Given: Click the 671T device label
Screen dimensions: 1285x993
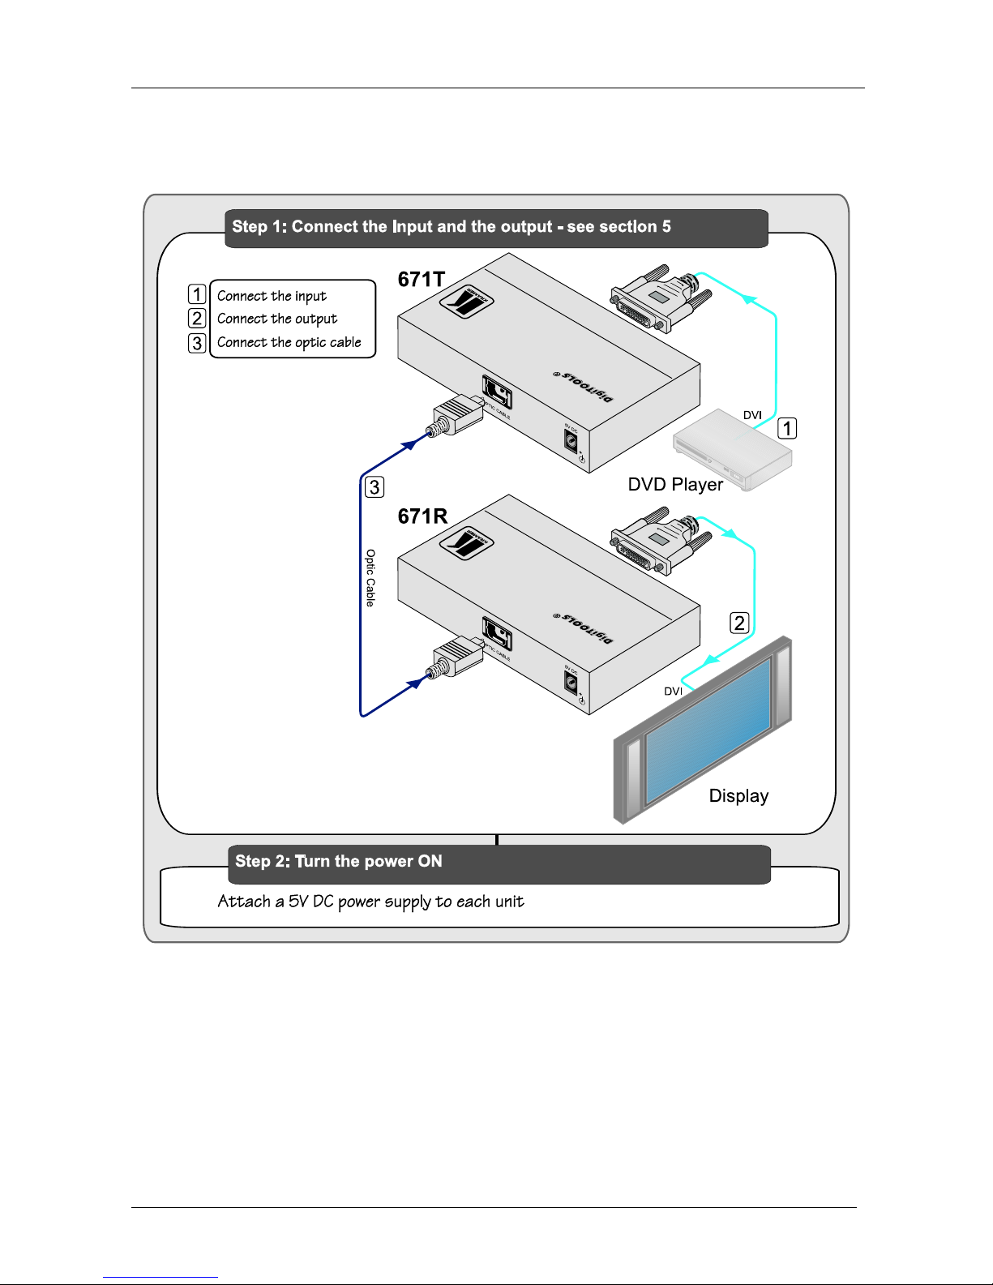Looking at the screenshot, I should click(422, 280).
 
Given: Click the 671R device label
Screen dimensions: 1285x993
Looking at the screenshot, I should click(422, 516).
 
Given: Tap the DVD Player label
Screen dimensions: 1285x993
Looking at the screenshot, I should click(675, 485).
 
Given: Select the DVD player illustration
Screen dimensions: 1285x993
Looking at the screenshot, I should click(732, 450).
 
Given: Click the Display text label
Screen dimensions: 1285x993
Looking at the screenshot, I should click(738, 796).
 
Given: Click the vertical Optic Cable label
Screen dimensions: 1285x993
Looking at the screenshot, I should click(370, 577).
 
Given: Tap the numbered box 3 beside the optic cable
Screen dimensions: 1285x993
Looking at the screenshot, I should click(375, 487).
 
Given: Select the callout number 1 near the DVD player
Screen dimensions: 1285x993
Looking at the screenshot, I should click(787, 428).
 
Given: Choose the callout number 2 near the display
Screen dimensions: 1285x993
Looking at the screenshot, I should click(739, 623).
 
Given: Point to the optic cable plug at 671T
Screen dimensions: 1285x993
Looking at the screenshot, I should click(454, 415).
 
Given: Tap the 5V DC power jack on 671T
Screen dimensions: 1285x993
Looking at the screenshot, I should click(571, 440).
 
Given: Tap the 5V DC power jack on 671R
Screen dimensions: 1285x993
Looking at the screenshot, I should click(571, 682).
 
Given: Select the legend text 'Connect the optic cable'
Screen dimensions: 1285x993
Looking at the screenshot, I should click(289, 342).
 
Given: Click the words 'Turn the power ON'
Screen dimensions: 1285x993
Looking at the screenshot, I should click(369, 861).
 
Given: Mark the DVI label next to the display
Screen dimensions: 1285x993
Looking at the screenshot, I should click(673, 692).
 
